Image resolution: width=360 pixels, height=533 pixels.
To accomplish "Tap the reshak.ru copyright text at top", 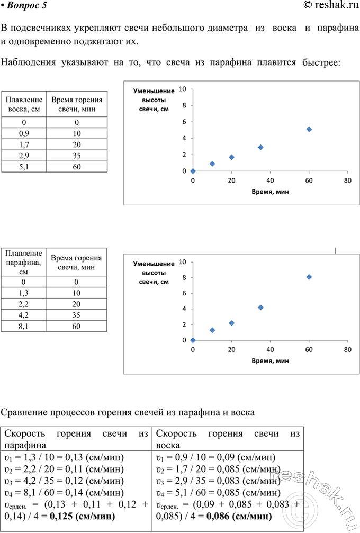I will click(x=328, y=6).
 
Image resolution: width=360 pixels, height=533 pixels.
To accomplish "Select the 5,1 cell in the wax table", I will click(x=24, y=167).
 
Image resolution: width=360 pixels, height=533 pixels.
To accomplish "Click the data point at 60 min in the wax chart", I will click(x=309, y=129).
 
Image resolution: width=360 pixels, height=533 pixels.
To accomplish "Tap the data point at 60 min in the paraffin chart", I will click(x=309, y=277).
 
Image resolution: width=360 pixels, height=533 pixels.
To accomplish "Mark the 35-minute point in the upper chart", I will click(x=260, y=147).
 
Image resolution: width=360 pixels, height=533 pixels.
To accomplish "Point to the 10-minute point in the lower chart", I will click(x=212, y=330).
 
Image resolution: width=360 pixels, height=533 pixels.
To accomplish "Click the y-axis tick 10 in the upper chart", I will click(x=182, y=89).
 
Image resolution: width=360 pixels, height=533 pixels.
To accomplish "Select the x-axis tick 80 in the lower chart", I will click(x=347, y=350).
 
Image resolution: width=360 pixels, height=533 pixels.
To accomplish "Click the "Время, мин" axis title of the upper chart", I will click(x=270, y=192).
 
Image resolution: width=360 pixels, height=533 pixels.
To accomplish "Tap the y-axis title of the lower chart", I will click(x=154, y=273).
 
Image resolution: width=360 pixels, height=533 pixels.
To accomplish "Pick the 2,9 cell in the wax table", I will click(x=24, y=156).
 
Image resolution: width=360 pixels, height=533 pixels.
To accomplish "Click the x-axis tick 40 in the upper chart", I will click(x=270, y=180).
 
